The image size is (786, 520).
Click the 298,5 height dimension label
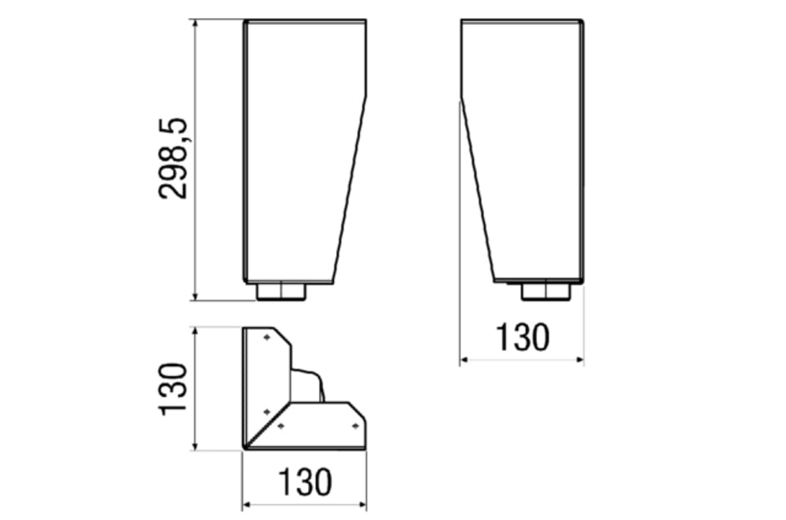click(173, 159)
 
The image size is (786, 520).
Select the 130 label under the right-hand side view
click(523, 337)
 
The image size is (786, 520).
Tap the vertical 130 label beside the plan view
click(173, 389)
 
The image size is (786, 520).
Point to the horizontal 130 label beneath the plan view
click(305, 482)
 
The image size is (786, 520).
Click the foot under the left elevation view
click(281, 292)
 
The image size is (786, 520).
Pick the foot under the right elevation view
click(546, 292)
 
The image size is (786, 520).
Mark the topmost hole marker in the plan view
click(266, 337)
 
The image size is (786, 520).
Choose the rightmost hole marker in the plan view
click(355, 426)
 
